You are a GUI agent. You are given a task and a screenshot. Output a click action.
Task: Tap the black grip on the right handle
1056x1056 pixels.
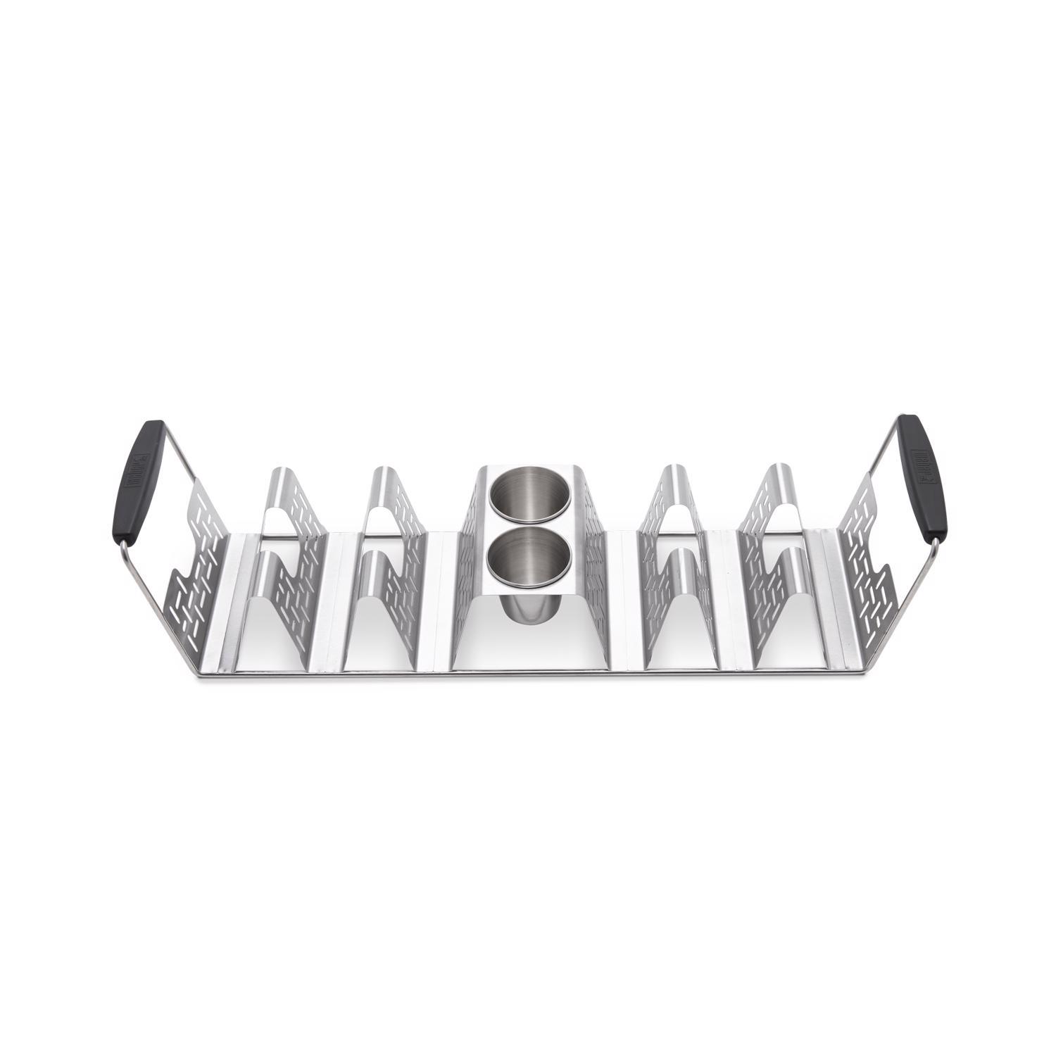point(923,476)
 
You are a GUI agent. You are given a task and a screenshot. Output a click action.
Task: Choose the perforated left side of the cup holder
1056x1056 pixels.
point(469,556)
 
